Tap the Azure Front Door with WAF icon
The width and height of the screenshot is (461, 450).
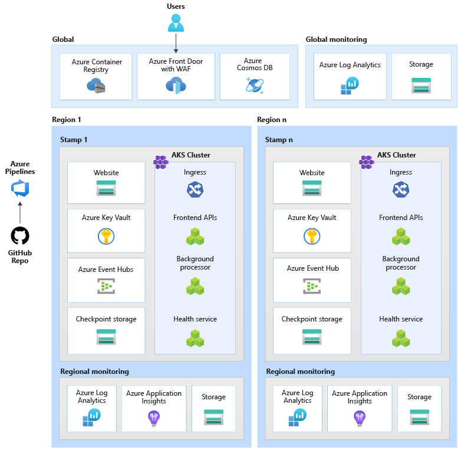pyautogui.click(x=175, y=86)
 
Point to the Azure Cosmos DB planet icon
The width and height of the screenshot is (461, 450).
pyautogui.click(x=255, y=85)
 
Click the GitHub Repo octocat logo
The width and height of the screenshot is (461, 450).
pyautogui.click(x=20, y=236)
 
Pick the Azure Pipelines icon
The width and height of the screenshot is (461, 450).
pyautogui.click(x=20, y=189)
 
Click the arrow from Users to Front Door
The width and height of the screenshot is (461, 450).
pyautogui.click(x=176, y=43)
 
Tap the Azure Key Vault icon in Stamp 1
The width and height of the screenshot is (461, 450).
pyautogui.click(x=106, y=236)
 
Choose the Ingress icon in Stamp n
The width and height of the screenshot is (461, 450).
pyautogui.click(x=401, y=189)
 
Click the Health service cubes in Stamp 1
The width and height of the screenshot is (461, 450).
pyautogui.click(x=195, y=339)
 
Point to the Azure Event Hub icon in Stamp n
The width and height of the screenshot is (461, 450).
pyautogui.click(x=312, y=286)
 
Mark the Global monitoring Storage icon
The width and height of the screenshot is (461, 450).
pyautogui.click(x=421, y=86)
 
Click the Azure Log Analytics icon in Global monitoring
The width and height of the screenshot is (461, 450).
pyautogui.click(x=350, y=86)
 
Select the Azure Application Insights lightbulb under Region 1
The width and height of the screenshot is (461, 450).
pyautogui.click(x=154, y=418)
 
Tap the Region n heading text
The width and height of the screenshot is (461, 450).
pyautogui.click(x=272, y=120)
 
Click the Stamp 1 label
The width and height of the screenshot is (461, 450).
pyautogui.click(x=74, y=140)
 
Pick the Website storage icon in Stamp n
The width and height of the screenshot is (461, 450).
pyautogui.click(x=312, y=188)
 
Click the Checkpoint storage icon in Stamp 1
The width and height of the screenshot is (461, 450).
pyautogui.click(x=106, y=337)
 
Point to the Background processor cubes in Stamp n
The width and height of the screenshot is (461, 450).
pyautogui.click(x=401, y=287)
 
